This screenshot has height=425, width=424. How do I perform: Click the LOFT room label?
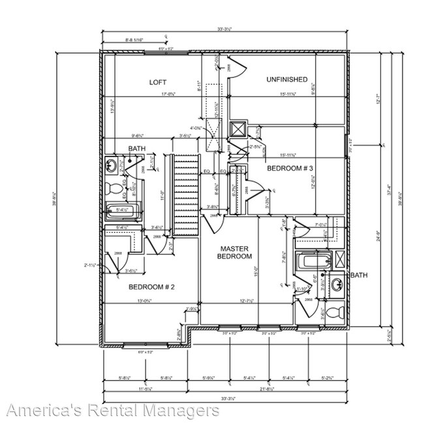coord(158,82)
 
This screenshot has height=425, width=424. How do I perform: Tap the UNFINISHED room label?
coord(286,80)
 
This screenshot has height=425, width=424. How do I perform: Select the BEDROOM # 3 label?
coord(290,169)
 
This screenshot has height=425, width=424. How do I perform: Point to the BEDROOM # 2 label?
coord(151,287)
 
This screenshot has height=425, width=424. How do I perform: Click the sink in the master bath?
coord(337,284)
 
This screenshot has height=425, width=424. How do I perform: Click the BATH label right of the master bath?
coord(359,276)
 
